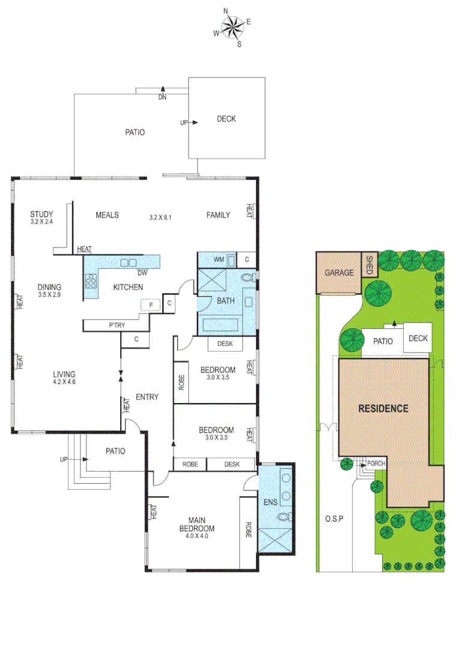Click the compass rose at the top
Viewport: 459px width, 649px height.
click(233, 26)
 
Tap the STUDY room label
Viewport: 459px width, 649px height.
click(42, 215)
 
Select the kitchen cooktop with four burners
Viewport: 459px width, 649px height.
click(93, 281)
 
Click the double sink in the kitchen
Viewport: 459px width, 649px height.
click(128, 262)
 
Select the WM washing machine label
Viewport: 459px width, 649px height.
click(220, 259)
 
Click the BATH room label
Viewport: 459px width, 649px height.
click(226, 301)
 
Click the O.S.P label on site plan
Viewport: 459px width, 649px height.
click(334, 518)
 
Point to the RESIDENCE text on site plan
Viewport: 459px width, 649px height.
click(383, 409)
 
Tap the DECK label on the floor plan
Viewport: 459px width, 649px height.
click(226, 119)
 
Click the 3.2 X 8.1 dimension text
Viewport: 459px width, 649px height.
click(161, 217)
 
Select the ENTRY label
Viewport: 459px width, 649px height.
click(147, 397)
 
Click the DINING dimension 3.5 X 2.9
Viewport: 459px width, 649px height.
click(49, 295)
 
